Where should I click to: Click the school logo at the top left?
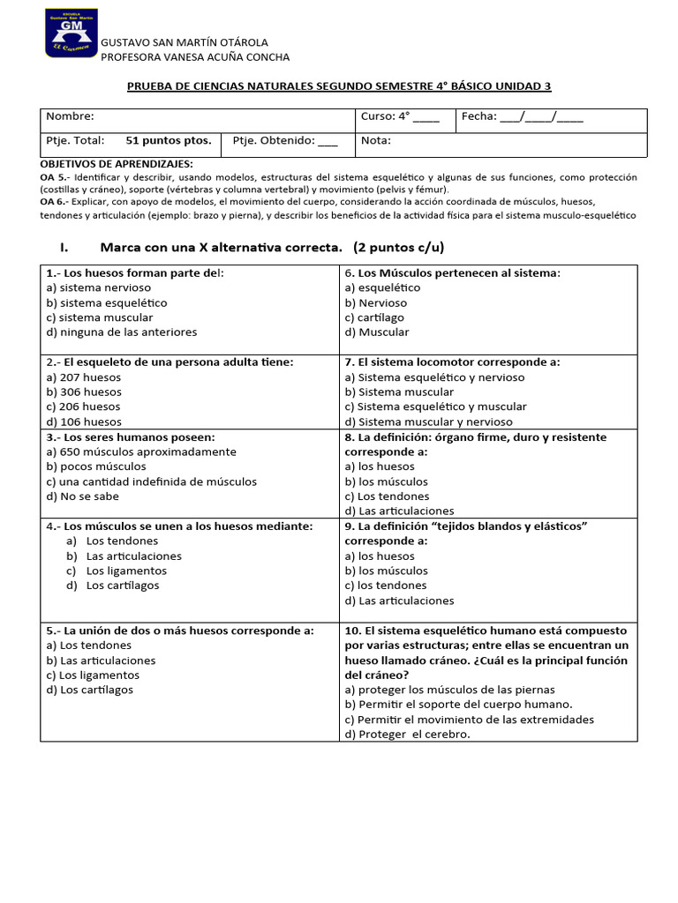[71, 34]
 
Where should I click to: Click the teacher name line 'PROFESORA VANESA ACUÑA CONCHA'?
[195, 57]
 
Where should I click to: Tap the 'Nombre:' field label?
[70, 116]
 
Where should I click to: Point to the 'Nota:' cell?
[376, 140]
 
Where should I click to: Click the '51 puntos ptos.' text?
[168, 140]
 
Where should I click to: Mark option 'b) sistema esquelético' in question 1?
[107, 302]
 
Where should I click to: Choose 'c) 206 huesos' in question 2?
[84, 407]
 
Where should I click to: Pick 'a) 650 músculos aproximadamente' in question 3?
[141, 451]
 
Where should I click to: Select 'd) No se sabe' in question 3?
[84, 496]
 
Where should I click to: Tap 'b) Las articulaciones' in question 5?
[101, 660]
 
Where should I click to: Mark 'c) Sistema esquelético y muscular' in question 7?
[435, 407]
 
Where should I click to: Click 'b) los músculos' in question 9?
[386, 571]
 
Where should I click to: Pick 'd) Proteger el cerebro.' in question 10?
[407, 735]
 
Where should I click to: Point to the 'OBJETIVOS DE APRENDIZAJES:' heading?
[117, 164]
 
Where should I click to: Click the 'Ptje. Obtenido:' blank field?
[327, 140]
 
